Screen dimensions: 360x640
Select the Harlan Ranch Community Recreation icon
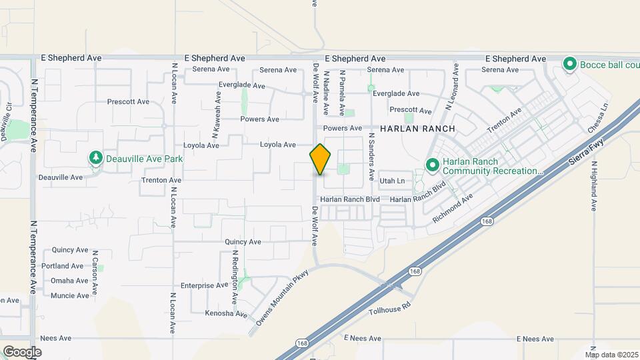point(432,164)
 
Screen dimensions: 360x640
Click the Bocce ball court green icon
point(569,64)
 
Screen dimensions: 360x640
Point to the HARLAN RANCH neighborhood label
point(418,128)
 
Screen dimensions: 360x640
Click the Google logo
point(22,351)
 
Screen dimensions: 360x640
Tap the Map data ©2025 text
point(612,355)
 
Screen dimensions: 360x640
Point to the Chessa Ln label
point(599,117)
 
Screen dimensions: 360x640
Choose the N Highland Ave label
point(593,185)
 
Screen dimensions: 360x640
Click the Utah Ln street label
point(392,181)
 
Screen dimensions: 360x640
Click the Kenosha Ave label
point(226,314)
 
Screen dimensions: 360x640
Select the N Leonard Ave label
point(452,86)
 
